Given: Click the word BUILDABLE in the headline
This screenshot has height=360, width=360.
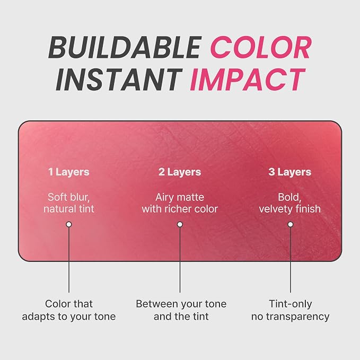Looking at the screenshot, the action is tap(125, 48).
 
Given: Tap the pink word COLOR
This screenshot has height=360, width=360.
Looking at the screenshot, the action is tap(261, 48).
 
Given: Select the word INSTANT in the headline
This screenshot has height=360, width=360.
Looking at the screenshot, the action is tap(119, 80).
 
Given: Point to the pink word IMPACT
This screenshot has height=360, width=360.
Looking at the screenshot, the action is tap(248, 80).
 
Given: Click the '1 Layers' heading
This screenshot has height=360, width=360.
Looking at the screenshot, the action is tap(69, 172).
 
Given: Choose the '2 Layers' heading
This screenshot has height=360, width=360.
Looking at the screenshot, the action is tap(180, 172).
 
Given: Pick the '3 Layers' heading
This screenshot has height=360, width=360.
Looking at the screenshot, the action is tap(289, 172).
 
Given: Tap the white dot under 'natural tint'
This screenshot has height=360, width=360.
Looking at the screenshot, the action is tap(68, 224).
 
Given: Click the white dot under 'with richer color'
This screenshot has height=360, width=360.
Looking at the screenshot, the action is tap(180, 224).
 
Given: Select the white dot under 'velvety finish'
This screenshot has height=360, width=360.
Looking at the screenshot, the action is tap(291, 224).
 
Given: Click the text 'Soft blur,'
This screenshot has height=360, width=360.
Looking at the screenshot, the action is tap(68, 197).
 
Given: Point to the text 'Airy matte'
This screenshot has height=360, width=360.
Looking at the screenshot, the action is tap(180, 197).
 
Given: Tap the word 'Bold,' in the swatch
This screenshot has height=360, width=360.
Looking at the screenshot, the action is tap(289, 197).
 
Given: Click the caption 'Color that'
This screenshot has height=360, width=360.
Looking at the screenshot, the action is tap(69, 304).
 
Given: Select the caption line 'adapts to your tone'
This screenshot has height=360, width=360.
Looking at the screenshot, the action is tap(69, 317).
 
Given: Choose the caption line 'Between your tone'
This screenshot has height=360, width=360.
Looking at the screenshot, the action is tap(181, 304).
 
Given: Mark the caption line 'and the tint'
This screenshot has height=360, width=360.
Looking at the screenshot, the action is tap(181, 317).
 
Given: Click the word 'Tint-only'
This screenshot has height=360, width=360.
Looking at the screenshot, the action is tap(291, 304).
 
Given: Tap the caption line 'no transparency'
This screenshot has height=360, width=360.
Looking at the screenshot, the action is tap(291, 317).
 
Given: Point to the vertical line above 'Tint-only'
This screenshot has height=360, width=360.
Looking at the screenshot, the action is tap(291, 260).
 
